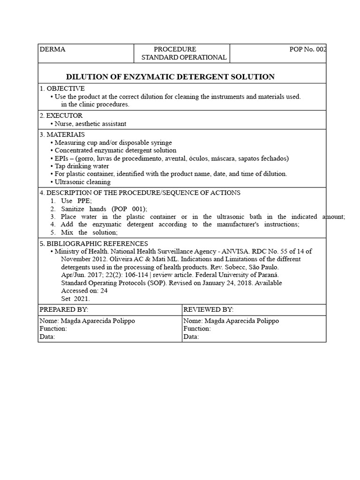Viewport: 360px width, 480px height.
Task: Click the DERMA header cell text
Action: [x=52, y=49]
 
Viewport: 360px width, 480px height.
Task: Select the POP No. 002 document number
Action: [x=308, y=49]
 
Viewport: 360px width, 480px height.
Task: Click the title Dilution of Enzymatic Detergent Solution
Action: [x=170, y=76]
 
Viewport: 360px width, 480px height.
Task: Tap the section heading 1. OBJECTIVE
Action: [x=62, y=89]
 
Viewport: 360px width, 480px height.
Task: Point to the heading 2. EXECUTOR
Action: [x=61, y=115]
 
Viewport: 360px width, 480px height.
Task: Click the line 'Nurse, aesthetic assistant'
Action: [x=90, y=124]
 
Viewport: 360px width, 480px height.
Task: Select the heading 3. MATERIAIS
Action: [x=62, y=135]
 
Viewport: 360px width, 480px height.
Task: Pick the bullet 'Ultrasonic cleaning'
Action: [x=82, y=182]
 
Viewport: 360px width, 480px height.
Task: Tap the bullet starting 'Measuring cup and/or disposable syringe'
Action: [x=113, y=142]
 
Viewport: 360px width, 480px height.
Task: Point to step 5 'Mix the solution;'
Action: [x=89, y=232]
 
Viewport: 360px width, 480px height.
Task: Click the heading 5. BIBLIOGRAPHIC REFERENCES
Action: [x=94, y=243]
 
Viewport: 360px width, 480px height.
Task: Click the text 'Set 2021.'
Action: [x=75, y=298]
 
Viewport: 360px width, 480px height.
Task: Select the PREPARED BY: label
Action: [x=64, y=310]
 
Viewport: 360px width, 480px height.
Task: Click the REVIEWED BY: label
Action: [x=209, y=310]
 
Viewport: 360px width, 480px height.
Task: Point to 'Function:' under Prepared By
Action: [x=53, y=329]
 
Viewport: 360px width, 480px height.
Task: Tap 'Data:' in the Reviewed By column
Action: [x=191, y=337]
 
